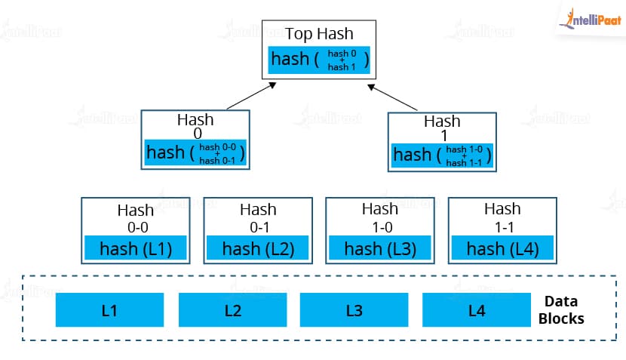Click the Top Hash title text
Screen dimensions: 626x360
[x=319, y=34]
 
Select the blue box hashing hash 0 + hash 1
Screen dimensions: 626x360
[x=319, y=60]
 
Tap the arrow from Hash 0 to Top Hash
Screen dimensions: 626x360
[x=251, y=96]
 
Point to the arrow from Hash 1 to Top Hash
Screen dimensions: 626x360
[x=392, y=97]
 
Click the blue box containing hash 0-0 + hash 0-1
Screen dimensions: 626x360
[x=195, y=152]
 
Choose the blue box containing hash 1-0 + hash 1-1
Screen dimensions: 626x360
[x=442, y=155]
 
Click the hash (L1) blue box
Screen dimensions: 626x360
[x=135, y=248]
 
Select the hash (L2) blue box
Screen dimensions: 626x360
[x=257, y=248]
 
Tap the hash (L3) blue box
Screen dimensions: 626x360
[x=380, y=248]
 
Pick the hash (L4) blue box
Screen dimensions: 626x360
[x=502, y=248]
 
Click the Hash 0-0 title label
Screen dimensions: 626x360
[x=137, y=219]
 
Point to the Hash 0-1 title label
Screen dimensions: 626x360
[x=258, y=218]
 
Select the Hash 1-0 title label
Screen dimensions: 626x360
[x=380, y=218]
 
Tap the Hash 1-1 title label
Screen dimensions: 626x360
[x=502, y=218]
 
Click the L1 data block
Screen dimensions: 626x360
[x=110, y=310]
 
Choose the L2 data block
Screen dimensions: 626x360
[x=233, y=310]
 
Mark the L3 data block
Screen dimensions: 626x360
[x=354, y=310]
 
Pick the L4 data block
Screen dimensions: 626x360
[x=477, y=310]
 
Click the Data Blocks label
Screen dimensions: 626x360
[x=561, y=310]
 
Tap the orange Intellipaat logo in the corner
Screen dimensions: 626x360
[x=591, y=19]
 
